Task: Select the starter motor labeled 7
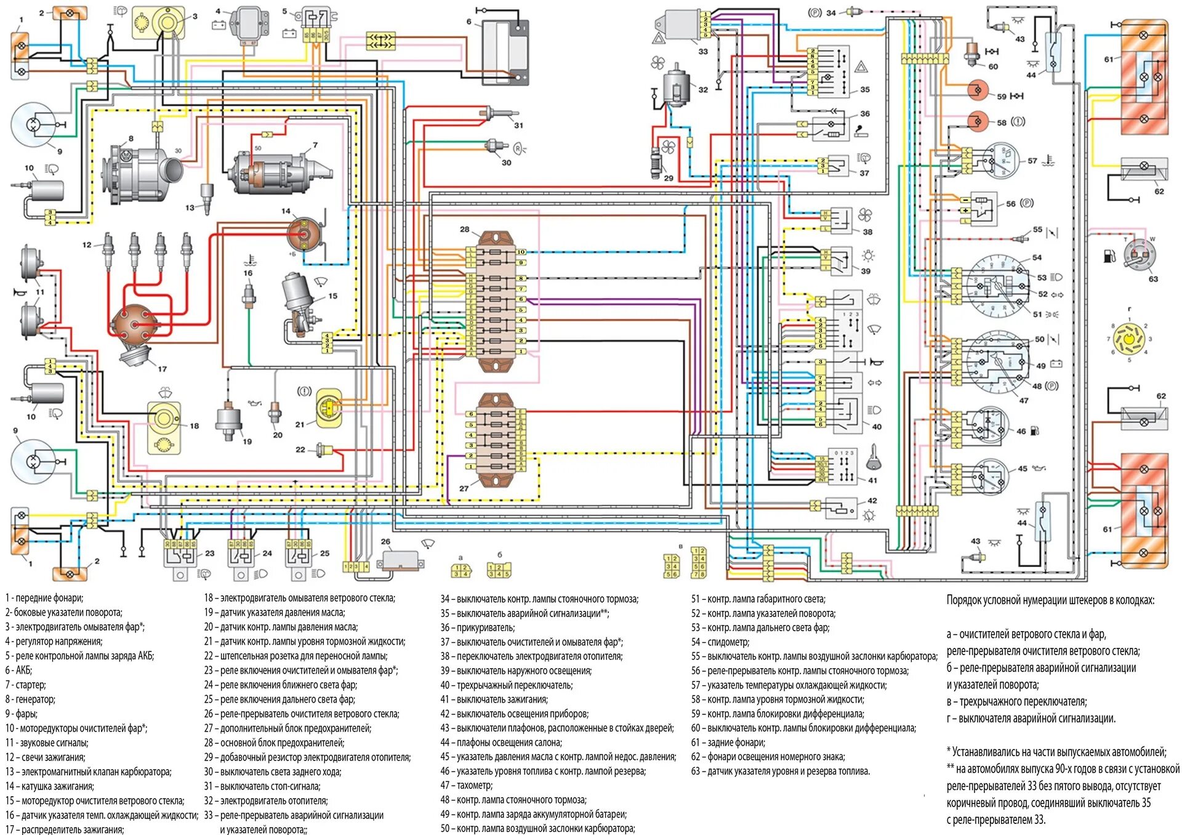tap(277, 170)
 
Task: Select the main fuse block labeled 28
tap(496, 301)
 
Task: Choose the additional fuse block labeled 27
tap(497, 440)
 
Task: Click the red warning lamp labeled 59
tap(977, 91)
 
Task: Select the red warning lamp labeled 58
tap(977, 121)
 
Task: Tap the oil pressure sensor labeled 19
tap(229, 421)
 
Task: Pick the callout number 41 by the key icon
tap(872, 480)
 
